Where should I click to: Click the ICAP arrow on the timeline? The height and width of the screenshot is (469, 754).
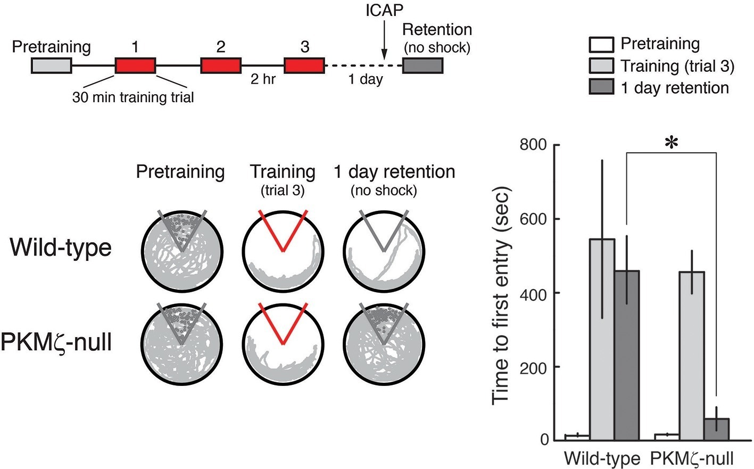(383, 39)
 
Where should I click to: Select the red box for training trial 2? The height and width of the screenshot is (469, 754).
(220, 65)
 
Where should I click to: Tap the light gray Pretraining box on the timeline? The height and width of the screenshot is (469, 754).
(51, 65)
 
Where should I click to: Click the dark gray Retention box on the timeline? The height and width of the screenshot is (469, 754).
(422, 65)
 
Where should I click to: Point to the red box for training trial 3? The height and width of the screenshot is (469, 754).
(304, 65)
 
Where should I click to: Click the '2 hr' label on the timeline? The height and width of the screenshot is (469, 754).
(263, 80)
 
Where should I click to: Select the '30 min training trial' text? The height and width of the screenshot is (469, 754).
(133, 97)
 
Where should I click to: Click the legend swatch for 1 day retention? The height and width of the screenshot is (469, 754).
(601, 87)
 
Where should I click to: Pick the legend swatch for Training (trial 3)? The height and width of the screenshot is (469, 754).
(601, 65)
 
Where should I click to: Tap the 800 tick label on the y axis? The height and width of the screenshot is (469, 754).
(536, 145)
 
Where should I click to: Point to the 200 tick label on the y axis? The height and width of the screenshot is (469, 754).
(536, 367)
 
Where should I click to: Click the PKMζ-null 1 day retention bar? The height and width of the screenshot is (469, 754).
(716, 429)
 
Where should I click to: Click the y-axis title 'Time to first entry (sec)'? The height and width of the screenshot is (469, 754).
(501, 295)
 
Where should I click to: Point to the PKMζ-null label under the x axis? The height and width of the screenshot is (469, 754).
(691, 458)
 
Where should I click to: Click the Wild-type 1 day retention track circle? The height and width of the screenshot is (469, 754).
(384, 250)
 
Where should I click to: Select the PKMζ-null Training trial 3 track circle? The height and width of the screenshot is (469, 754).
(283, 343)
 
